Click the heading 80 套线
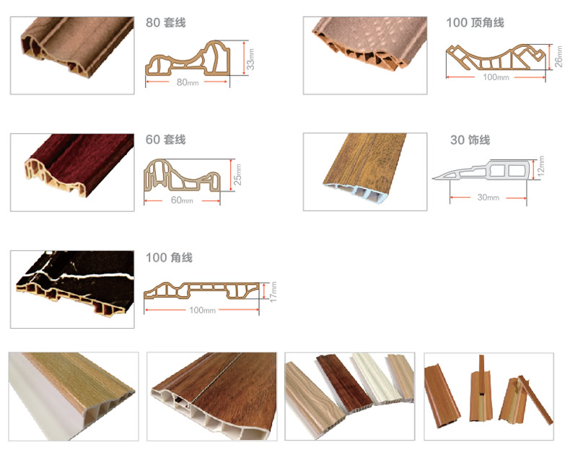pos(165,23)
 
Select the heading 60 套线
pos(165,139)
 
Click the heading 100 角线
pos(168,257)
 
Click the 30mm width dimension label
pos(488,198)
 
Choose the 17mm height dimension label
pos(273,292)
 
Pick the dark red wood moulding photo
pos(72,172)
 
